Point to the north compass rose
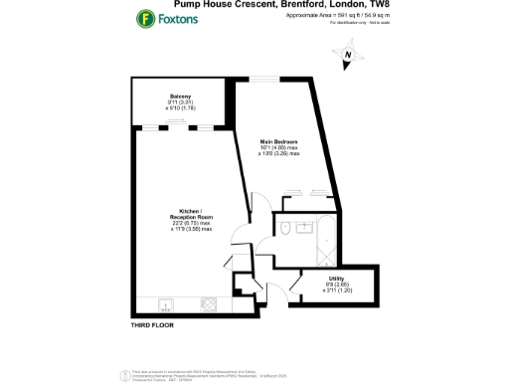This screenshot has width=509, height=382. click(348, 61)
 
